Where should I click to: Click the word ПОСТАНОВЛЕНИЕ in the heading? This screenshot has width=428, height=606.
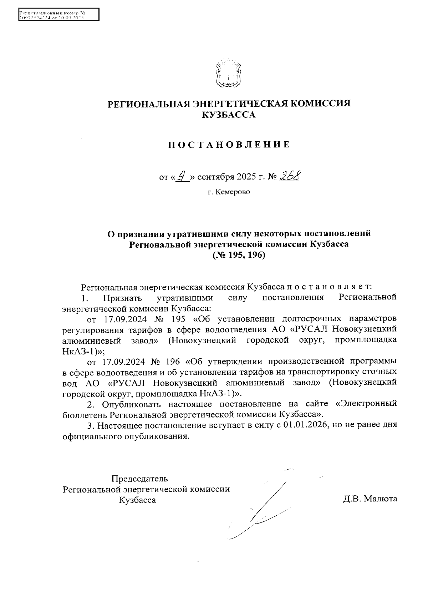coord(229,145)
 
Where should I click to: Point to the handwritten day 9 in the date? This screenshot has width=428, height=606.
coord(182,176)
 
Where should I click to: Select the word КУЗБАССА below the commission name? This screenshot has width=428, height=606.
coord(229,115)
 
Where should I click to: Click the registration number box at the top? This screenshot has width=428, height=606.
coord(58,15)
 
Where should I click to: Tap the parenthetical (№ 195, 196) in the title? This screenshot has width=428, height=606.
coord(239,256)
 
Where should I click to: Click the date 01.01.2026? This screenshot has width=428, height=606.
coord(306,425)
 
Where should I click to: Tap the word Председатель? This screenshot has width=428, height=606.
coord(139,479)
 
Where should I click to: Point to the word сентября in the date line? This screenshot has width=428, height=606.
coord(213,177)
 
